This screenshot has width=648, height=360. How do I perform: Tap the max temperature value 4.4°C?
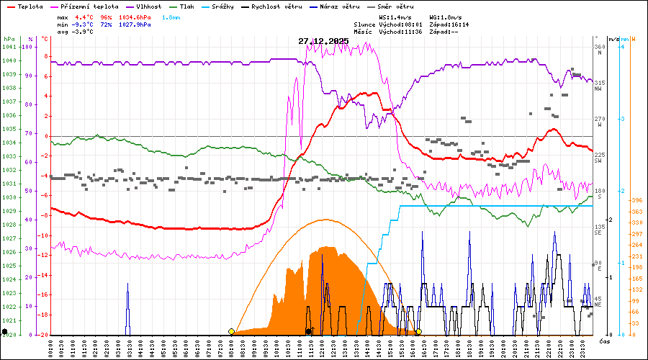[84, 16]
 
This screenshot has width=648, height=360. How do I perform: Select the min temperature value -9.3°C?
[84, 24]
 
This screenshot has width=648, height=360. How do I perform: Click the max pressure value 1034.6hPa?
[135, 16]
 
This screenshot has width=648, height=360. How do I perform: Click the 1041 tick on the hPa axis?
[9, 47]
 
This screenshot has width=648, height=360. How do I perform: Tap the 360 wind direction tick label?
[598, 47]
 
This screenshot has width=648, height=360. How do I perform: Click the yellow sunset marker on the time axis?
[418, 332]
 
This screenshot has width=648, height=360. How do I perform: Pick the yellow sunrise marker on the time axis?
[231, 332]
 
